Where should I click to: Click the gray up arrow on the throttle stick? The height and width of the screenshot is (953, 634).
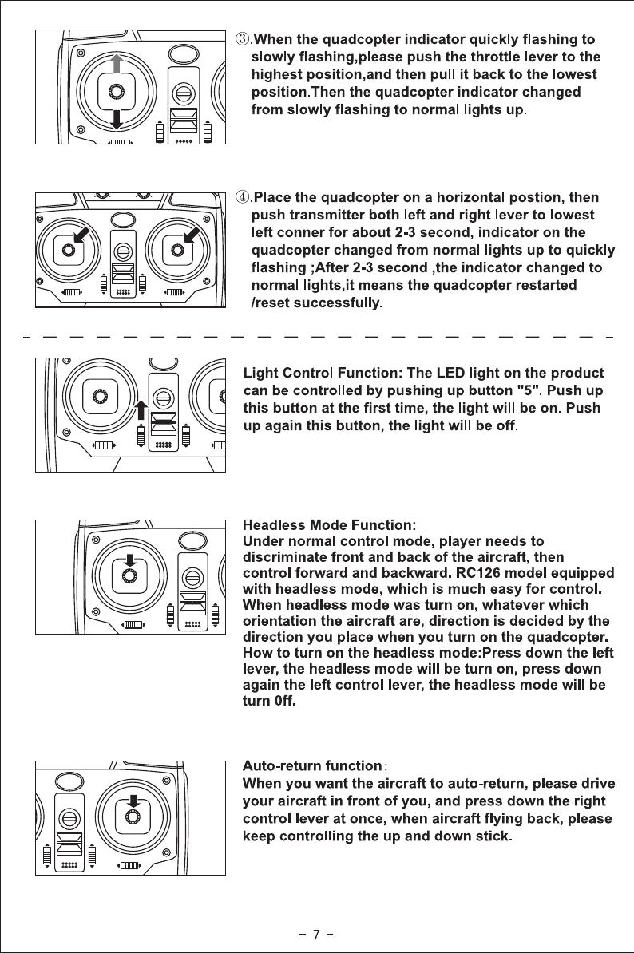117,64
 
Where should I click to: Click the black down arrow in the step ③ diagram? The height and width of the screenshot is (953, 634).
117,118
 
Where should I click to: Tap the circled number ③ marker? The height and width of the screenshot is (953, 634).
240,39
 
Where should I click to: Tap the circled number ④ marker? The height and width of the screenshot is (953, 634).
240,197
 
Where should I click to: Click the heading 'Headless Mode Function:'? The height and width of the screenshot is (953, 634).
329,525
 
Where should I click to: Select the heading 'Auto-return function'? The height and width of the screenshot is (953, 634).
311,766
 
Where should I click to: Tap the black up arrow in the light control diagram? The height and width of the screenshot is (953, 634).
141,409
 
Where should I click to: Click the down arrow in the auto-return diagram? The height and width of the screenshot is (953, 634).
133,801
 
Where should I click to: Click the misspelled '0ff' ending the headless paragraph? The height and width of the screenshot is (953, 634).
284,703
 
